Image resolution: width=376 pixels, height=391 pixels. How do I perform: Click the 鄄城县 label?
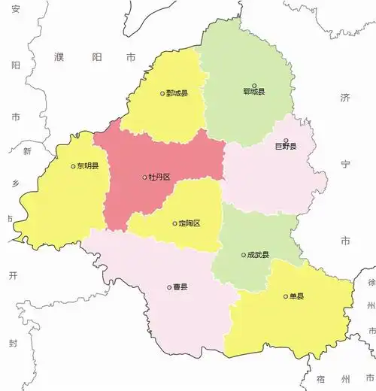click(x=177, y=94)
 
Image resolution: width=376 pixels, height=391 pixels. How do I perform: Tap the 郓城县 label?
click(x=254, y=92)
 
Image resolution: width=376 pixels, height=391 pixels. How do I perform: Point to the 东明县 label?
click(x=88, y=166)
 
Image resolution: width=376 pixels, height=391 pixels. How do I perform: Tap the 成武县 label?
click(x=258, y=255)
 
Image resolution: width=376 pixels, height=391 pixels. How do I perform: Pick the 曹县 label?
click(x=180, y=286)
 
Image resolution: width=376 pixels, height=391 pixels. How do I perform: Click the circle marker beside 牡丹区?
click(x=145, y=177)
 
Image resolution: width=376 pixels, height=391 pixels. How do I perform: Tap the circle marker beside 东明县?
click(x=73, y=166)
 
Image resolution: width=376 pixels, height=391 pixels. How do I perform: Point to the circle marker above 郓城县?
click(x=254, y=85)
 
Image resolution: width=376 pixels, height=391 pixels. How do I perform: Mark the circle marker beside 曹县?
click(x=168, y=286)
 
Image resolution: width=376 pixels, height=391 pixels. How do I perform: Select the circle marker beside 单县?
click(x=285, y=296)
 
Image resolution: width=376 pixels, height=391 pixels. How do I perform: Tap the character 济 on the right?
click(x=345, y=99)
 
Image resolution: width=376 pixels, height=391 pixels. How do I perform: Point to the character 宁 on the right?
click(x=345, y=163)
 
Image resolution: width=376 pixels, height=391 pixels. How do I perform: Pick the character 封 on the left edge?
click(x=13, y=342)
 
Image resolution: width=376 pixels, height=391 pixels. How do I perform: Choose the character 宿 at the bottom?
click(x=320, y=376)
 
